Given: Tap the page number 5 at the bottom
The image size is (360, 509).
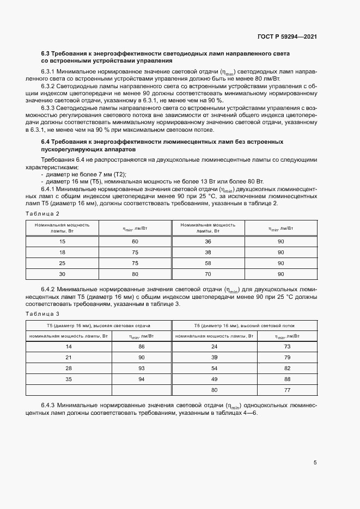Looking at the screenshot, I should point(315,463).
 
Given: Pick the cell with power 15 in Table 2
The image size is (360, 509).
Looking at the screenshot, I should point(62,241).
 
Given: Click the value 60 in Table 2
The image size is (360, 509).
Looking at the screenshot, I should point(135,241).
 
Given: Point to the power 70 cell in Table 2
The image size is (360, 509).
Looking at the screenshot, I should point(208,274).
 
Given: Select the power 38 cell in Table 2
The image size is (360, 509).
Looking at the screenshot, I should point(208,252).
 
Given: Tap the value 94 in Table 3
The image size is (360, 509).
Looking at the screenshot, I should point(142,379).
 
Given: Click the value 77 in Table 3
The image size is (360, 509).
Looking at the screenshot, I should point(286,390).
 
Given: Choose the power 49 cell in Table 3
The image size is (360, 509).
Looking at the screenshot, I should point(214,379).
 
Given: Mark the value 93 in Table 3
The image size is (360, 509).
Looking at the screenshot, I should point(142,368).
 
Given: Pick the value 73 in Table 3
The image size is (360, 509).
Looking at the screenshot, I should point(286,346).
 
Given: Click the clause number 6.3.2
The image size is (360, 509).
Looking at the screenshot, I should point(49,86).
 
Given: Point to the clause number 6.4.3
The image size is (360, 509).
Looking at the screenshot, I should point(49,406).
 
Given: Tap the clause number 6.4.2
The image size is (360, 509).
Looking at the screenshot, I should point(49,289).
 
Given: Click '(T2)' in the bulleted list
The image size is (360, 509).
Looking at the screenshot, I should point(119,174).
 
